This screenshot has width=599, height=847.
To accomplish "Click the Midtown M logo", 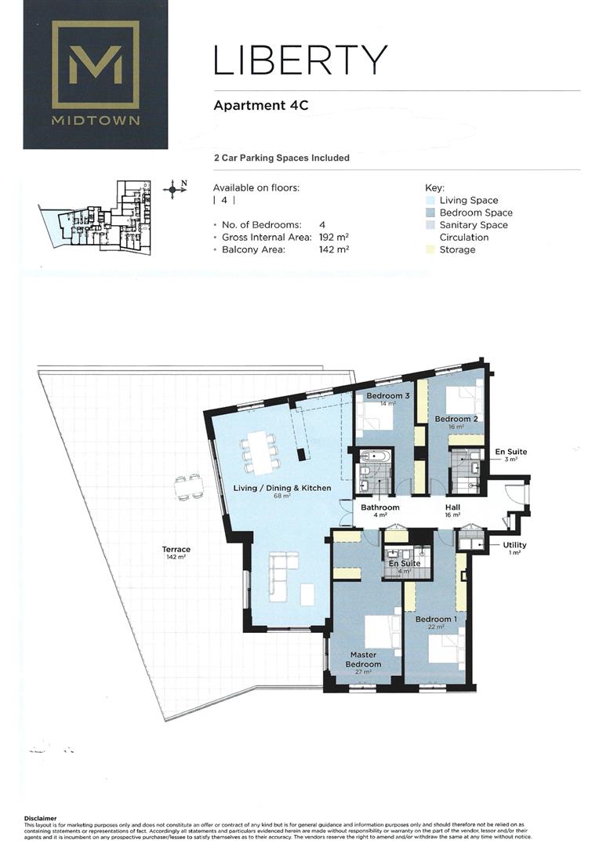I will tap(95, 64).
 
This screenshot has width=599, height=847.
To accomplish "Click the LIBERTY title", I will tap(300, 60).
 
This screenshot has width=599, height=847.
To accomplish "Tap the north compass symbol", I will tap(174, 189).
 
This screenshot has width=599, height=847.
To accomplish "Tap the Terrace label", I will tap(176, 550).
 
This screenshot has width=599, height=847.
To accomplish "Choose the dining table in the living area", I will tap(260, 452).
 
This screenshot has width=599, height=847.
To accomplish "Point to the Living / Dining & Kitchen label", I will tap(282, 488).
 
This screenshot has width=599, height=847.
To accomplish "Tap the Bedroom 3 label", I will tap(388, 396).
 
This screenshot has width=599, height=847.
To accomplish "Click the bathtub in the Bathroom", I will tap(373, 455).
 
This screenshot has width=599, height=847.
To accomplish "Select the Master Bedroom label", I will tap(363, 660).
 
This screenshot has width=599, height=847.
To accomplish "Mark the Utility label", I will tap(514, 545).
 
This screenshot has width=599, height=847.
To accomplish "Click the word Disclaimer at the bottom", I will tap(41, 818).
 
